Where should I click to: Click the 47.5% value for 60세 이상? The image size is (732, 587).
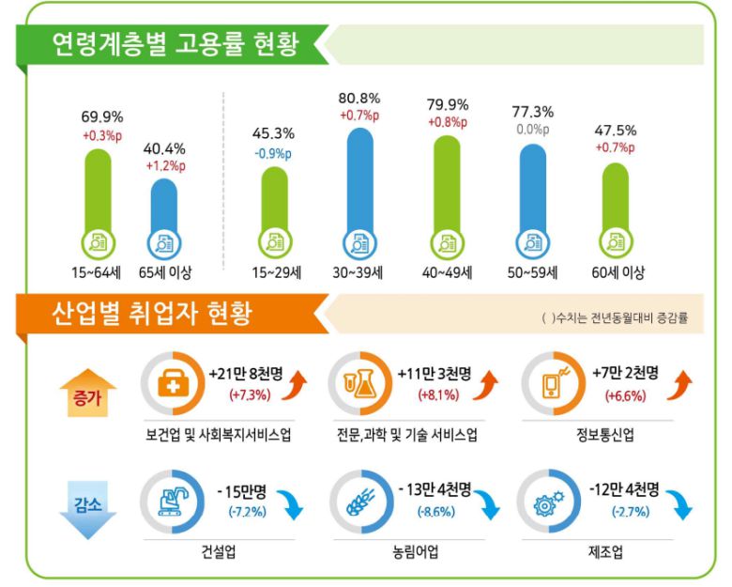point(614,131)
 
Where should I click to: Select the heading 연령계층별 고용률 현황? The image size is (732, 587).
point(174,43)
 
